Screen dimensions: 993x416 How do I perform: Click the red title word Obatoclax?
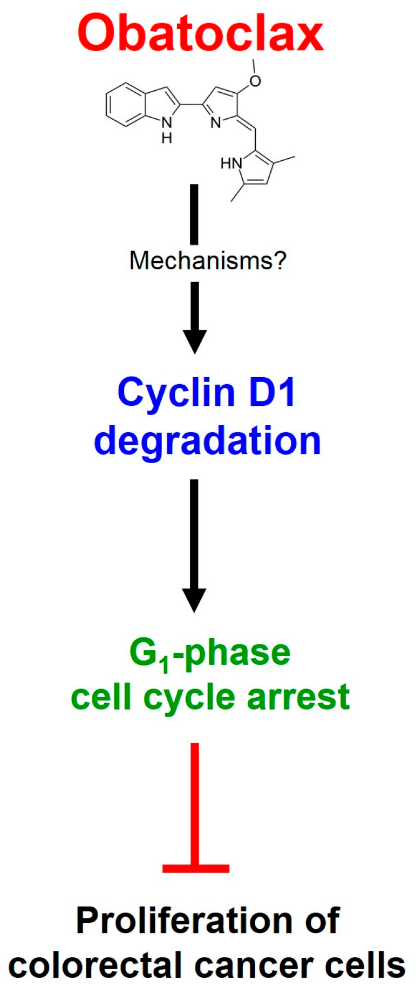tap(200, 33)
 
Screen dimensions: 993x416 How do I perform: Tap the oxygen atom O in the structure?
tap(255, 81)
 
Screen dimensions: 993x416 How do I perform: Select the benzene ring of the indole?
tap(126, 105)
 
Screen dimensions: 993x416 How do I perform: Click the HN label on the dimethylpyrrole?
tap(231, 163)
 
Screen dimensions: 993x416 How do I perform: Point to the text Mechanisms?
tap(208, 261)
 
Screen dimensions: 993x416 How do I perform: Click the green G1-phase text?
tap(210, 654)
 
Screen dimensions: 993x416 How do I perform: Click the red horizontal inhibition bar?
tap(196, 868)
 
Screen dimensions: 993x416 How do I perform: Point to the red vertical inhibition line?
tap(195, 804)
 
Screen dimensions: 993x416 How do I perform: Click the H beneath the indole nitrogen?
tap(167, 138)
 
